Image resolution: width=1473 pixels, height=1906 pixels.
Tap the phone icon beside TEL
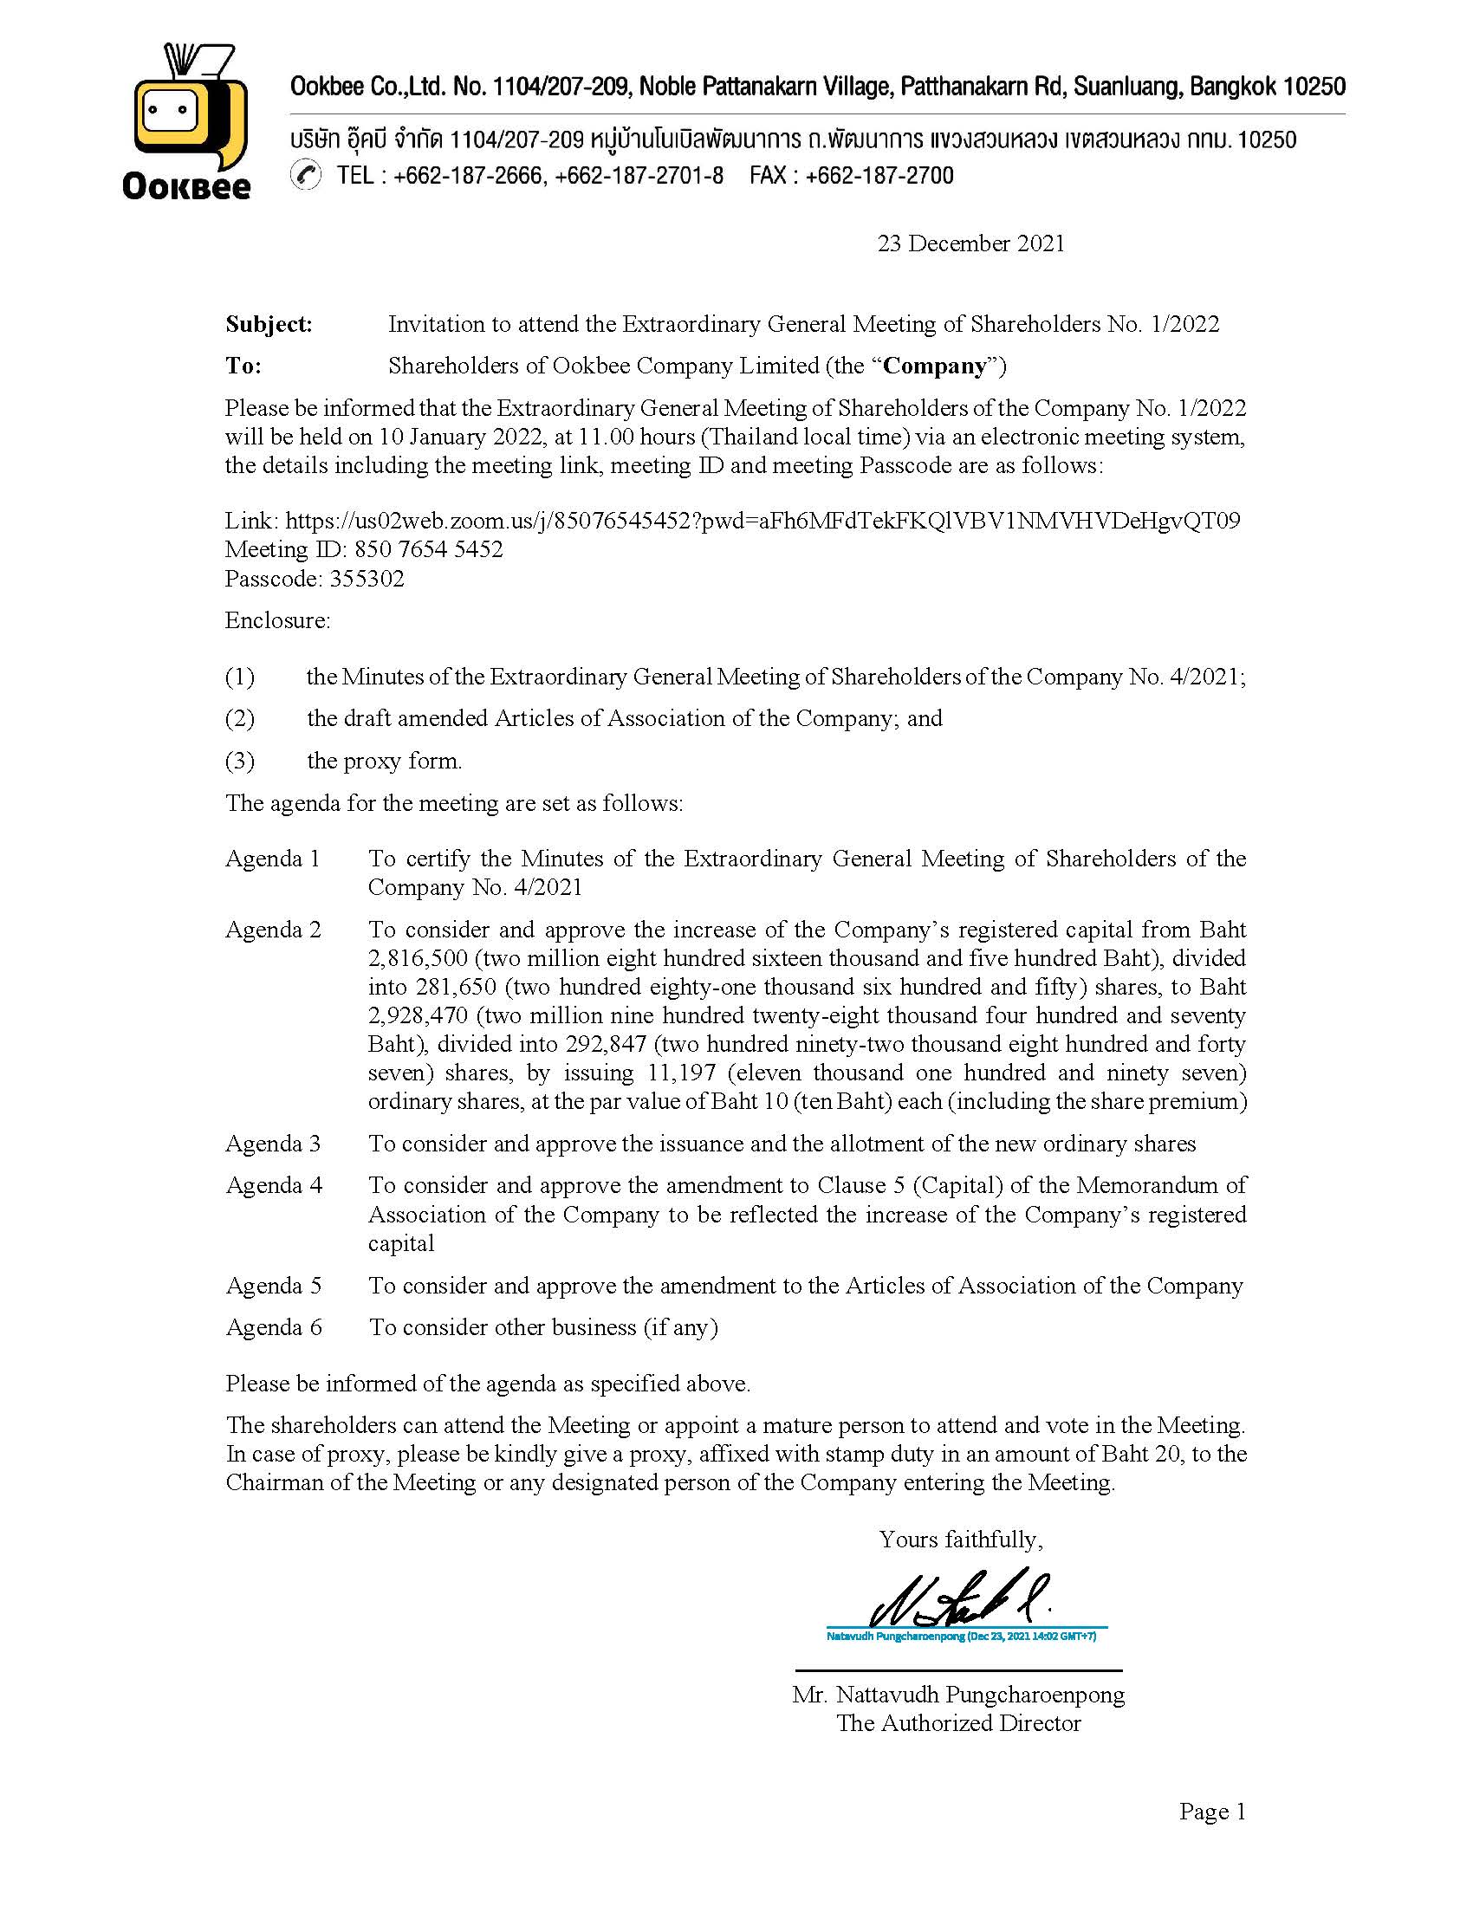(x=305, y=175)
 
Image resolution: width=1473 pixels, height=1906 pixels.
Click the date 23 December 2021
(x=970, y=243)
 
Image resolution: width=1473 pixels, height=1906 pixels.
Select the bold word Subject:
(x=269, y=325)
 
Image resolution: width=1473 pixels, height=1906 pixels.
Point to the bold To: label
(x=243, y=366)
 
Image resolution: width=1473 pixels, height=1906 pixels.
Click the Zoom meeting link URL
(x=762, y=521)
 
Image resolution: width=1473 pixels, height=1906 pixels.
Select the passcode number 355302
(x=367, y=579)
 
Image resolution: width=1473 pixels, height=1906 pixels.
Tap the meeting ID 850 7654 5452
(x=428, y=550)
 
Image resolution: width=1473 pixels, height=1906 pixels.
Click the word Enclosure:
(x=277, y=620)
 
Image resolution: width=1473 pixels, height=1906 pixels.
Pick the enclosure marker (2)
(x=240, y=718)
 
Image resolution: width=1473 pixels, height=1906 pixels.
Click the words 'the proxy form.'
(x=384, y=761)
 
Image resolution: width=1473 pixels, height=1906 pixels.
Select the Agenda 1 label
(x=272, y=859)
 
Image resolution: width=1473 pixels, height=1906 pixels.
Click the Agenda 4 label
(x=273, y=1185)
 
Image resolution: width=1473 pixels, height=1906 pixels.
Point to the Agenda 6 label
(x=273, y=1327)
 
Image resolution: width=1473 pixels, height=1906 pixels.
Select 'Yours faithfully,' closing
(x=961, y=1539)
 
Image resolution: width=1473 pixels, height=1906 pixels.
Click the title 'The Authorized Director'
(x=958, y=1722)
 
